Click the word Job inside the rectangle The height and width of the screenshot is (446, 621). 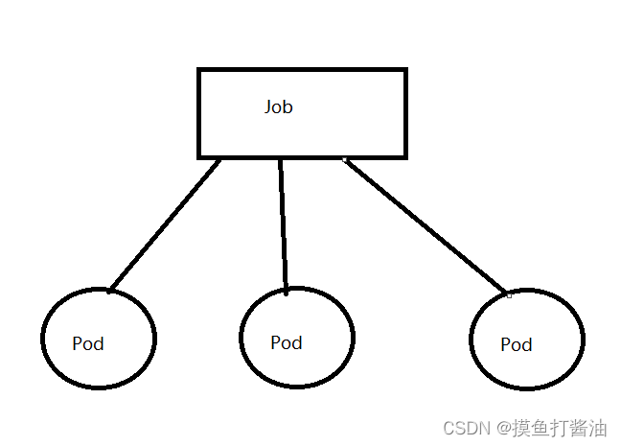[x=278, y=107]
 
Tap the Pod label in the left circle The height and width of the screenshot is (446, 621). [x=88, y=343]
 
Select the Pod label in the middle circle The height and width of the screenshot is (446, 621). [x=286, y=342]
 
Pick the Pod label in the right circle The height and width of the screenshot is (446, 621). [x=516, y=344]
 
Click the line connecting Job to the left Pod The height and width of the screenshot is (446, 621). [x=165, y=224]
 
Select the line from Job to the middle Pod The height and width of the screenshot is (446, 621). [x=283, y=224]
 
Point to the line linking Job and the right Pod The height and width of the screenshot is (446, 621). [x=425, y=224]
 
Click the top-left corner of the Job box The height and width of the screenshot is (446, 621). [x=199, y=70]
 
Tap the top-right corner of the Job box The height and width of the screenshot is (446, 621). [x=405, y=70]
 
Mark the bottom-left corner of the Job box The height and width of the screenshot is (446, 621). [x=199, y=155]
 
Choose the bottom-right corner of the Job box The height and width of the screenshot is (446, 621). [x=405, y=155]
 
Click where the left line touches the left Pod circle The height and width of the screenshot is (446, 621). [x=110, y=289]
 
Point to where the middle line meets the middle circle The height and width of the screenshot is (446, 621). [x=286, y=290]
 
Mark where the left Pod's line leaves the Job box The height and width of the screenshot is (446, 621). [x=219, y=158]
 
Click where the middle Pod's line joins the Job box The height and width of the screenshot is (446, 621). [x=280, y=158]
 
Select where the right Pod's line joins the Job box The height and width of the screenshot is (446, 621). [x=345, y=158]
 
